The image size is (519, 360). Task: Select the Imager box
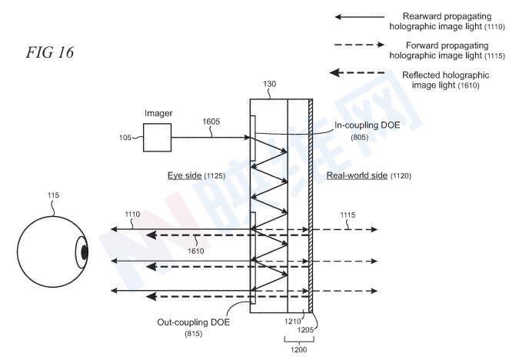coord(158,138)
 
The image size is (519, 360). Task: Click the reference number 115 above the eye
coord(53,196)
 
